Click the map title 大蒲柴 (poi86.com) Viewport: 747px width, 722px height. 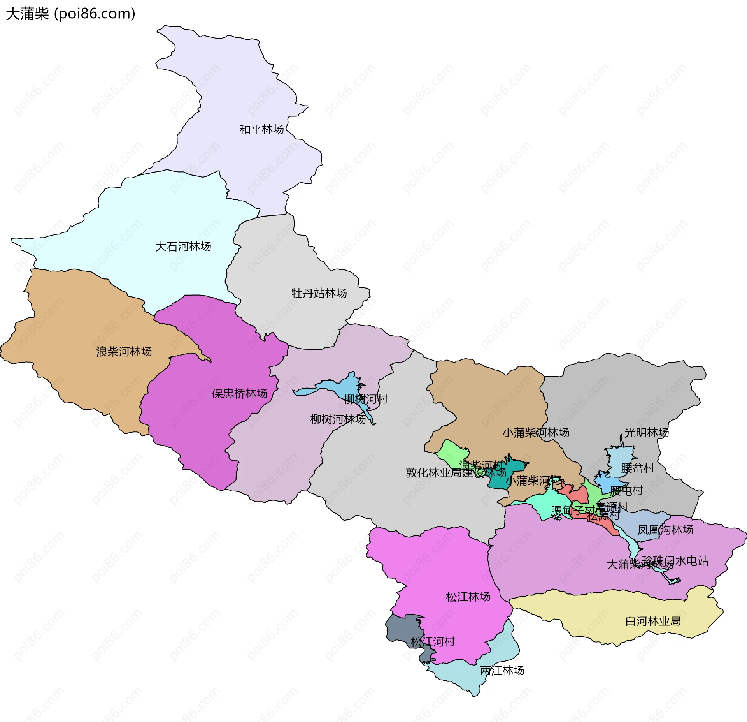[70, 14]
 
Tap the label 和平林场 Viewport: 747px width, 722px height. [261, 129]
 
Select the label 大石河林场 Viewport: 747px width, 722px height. [183, 247]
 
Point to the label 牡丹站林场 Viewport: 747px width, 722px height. [319, 293]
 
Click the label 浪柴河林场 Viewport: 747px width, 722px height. [124, 352]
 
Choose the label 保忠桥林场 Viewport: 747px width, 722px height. [239, 394]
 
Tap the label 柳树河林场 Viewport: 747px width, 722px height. [338, 419]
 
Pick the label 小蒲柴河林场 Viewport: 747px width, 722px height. [536, 433]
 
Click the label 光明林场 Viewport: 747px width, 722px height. [647, 433]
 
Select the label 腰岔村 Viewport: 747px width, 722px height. [637, 468]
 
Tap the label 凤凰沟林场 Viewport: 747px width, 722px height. [665, 530]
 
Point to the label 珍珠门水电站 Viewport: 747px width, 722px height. [675, 561]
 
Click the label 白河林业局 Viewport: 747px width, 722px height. [653, 622]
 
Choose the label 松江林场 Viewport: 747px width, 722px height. [468, 597]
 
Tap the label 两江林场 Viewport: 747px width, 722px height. [502, 671]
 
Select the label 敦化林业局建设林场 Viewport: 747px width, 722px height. [456, 473]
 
